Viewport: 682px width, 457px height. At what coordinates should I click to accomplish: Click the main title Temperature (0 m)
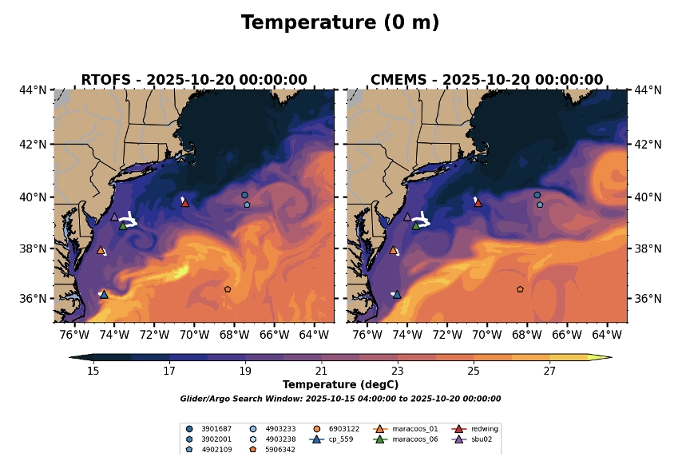[x=340, y=23]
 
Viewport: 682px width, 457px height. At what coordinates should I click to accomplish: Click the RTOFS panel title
[x=194, y=80]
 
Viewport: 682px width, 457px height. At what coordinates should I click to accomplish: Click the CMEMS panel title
[x=486, y=80]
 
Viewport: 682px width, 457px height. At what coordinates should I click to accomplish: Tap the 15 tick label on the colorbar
[x=93, y=372]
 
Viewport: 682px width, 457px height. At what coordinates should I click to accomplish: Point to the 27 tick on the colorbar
[x=549, y=372]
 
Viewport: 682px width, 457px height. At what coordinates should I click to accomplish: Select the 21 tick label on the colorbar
[x=321, y=372]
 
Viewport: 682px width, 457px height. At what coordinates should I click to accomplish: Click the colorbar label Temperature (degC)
[x=340, y=385]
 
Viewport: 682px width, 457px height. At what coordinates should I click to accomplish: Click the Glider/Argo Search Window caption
[x=340, y=399]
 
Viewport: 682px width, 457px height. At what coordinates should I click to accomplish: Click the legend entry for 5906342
[x=280, y=449]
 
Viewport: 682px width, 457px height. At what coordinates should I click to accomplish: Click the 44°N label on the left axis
[x=34, y=90]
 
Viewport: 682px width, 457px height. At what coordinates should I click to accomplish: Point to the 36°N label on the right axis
[x=647, y=299]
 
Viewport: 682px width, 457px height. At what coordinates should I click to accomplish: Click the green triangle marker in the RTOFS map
[x=123, y=225]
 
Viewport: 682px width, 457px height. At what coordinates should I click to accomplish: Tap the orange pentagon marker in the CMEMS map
[x=520, y=289]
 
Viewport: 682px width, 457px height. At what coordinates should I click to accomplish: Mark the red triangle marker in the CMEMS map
[x=478, y=203]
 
